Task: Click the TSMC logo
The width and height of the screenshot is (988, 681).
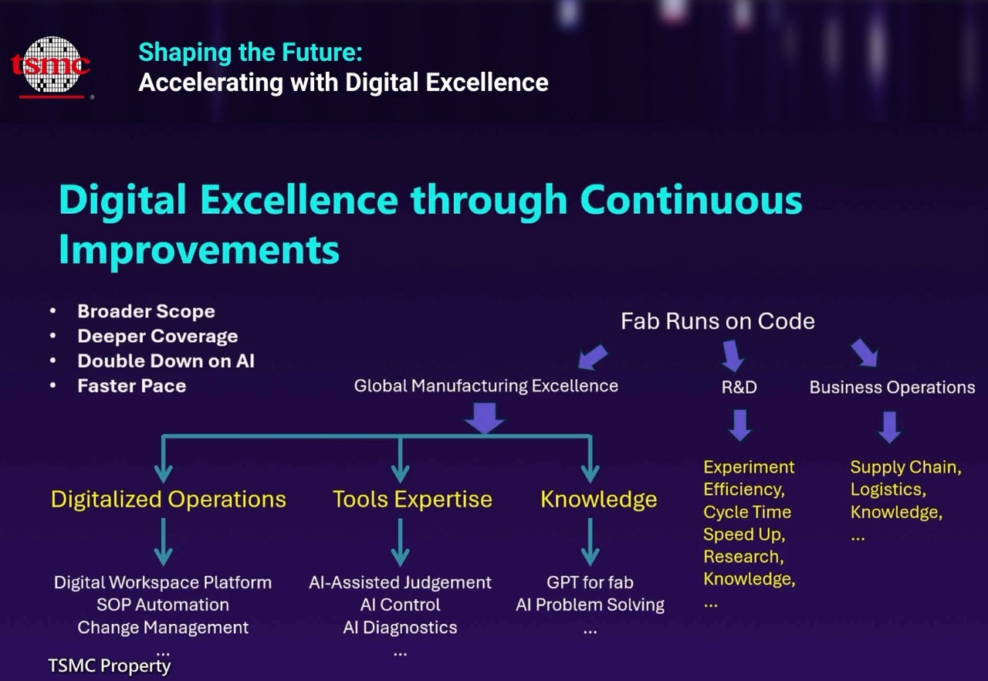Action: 51,67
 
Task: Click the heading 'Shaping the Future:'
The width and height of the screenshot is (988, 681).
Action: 251,53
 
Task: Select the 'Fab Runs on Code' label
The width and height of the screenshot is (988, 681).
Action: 718,321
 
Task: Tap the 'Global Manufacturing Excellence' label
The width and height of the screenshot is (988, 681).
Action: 486,386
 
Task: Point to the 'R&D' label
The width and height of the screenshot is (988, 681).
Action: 739,388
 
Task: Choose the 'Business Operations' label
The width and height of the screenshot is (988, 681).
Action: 892,388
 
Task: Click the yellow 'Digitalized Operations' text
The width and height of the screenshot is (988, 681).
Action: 168,500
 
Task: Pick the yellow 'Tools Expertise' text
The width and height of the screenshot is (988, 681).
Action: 412,500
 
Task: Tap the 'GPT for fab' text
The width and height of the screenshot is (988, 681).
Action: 590,583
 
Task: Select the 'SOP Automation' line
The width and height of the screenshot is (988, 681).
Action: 163,605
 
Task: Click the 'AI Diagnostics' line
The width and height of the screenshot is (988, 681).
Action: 400,628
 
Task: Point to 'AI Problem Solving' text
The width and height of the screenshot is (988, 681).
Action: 590,605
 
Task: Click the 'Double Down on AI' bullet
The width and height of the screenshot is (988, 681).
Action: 166,361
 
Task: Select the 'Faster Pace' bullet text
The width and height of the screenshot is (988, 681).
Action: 132,386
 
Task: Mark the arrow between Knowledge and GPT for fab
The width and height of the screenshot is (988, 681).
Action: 590,542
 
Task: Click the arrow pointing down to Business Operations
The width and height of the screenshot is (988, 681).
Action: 864,353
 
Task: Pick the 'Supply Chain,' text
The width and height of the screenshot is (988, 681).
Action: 906,468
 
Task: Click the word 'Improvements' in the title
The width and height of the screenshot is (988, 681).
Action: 199,250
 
